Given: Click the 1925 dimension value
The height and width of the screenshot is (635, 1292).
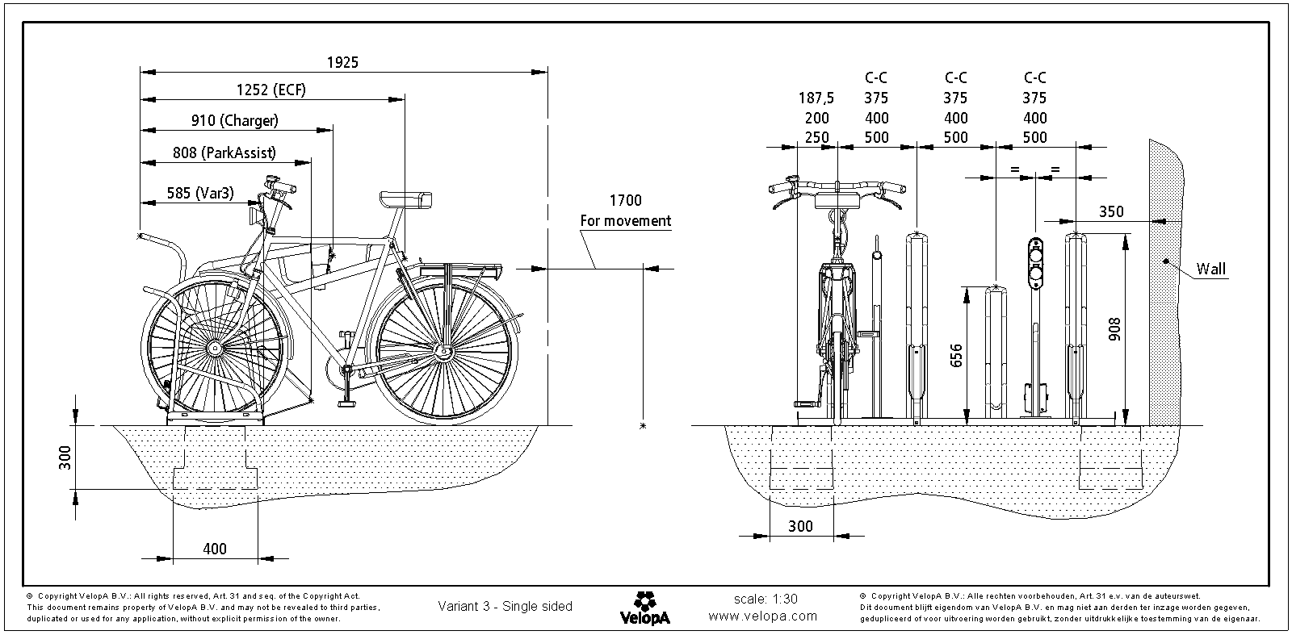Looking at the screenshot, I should pos(342,62).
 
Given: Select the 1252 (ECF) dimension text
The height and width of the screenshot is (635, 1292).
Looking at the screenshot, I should pos(271,90).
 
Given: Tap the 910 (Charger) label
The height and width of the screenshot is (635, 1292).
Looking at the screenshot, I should pos(234,120).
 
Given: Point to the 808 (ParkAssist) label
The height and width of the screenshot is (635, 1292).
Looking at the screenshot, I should pos(224,152).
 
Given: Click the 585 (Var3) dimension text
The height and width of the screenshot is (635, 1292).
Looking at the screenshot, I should pos(200,193).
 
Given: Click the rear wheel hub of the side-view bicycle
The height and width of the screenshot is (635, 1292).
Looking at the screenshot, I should pos(443,352).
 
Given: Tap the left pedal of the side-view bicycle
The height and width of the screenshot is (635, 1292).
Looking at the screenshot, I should pos(348,402).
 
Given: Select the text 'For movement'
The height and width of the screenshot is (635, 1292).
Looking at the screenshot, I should pos(625,220).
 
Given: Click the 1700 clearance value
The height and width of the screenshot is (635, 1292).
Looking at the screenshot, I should pos(625,201).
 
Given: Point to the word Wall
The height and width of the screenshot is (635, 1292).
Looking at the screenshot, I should pos(1210,269).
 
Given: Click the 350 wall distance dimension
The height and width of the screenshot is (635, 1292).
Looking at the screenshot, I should pos(1111,212).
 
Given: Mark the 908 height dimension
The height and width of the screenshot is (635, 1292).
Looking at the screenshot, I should pos(1114,327).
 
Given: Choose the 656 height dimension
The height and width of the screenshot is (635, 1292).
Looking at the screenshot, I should pos(958,356).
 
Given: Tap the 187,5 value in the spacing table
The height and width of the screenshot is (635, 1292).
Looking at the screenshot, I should pos(816,98).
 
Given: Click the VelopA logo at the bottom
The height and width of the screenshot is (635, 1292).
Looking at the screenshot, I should pos(644,608).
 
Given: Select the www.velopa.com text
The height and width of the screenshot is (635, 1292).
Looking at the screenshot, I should pos(762,616).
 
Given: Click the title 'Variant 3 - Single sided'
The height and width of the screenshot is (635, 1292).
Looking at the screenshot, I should pos(505,607).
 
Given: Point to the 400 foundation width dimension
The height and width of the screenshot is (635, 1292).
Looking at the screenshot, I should pos(214,549).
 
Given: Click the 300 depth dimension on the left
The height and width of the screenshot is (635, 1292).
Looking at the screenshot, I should pos(65,457).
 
